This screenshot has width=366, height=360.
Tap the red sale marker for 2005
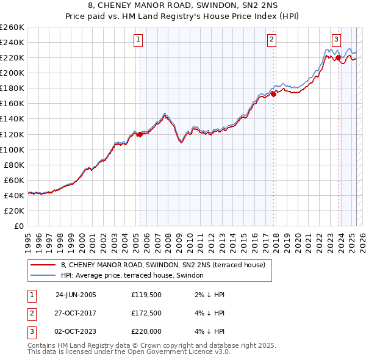point(140,134)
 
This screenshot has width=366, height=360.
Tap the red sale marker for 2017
point(273,94)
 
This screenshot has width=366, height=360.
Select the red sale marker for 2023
point(338,57)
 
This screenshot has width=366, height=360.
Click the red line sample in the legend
point(43,265)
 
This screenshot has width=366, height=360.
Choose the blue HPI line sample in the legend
point(43,276)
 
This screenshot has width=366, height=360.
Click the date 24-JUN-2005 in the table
point(76,295)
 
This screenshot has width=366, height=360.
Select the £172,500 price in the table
point(146,313)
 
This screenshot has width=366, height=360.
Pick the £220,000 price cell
point(146,331)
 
